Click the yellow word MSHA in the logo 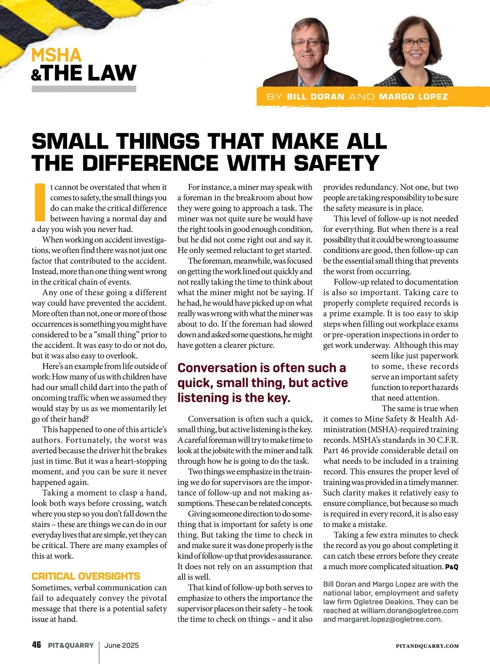click(56, 55)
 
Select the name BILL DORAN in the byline click(316, 97)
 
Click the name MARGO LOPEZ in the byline click(413, 97)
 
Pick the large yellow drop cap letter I click(40, 202)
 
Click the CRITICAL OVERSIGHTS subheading click(86, 576)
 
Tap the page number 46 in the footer click(36, 645)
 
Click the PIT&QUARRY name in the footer click(71, 645)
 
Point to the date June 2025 click(122, 645)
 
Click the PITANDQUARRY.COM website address click(427, 646)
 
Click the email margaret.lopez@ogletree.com click(389, 619)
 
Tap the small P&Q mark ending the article click(452, 567)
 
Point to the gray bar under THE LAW click(84, 89)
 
